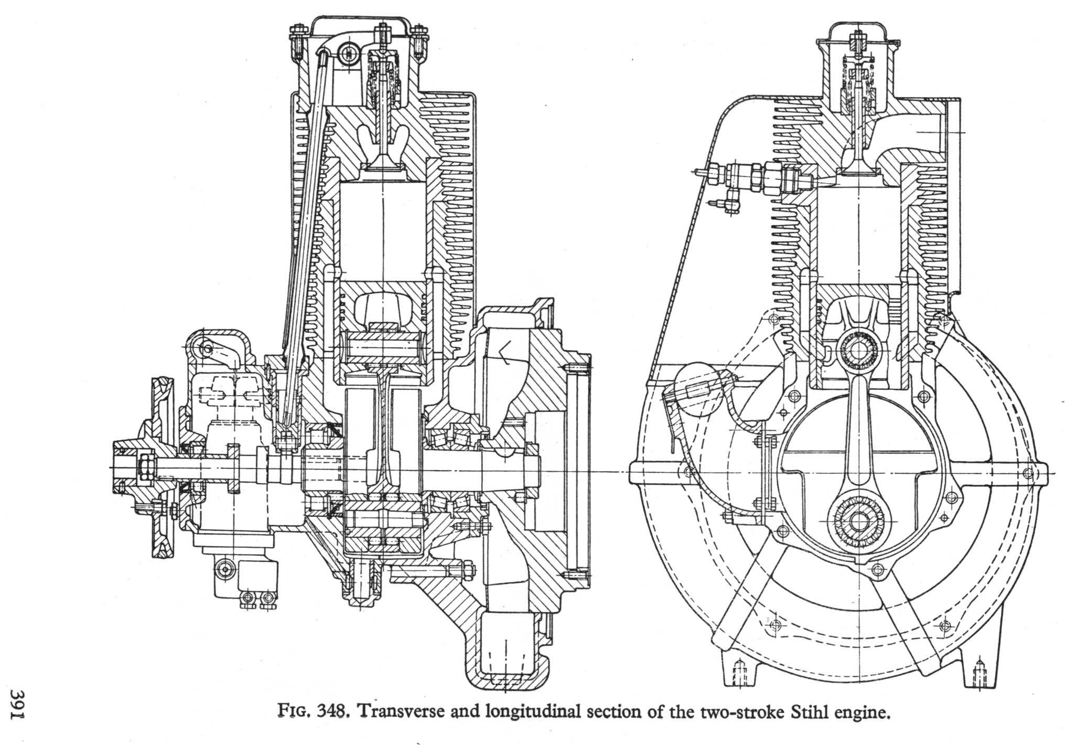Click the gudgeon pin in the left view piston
point(384,348)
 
